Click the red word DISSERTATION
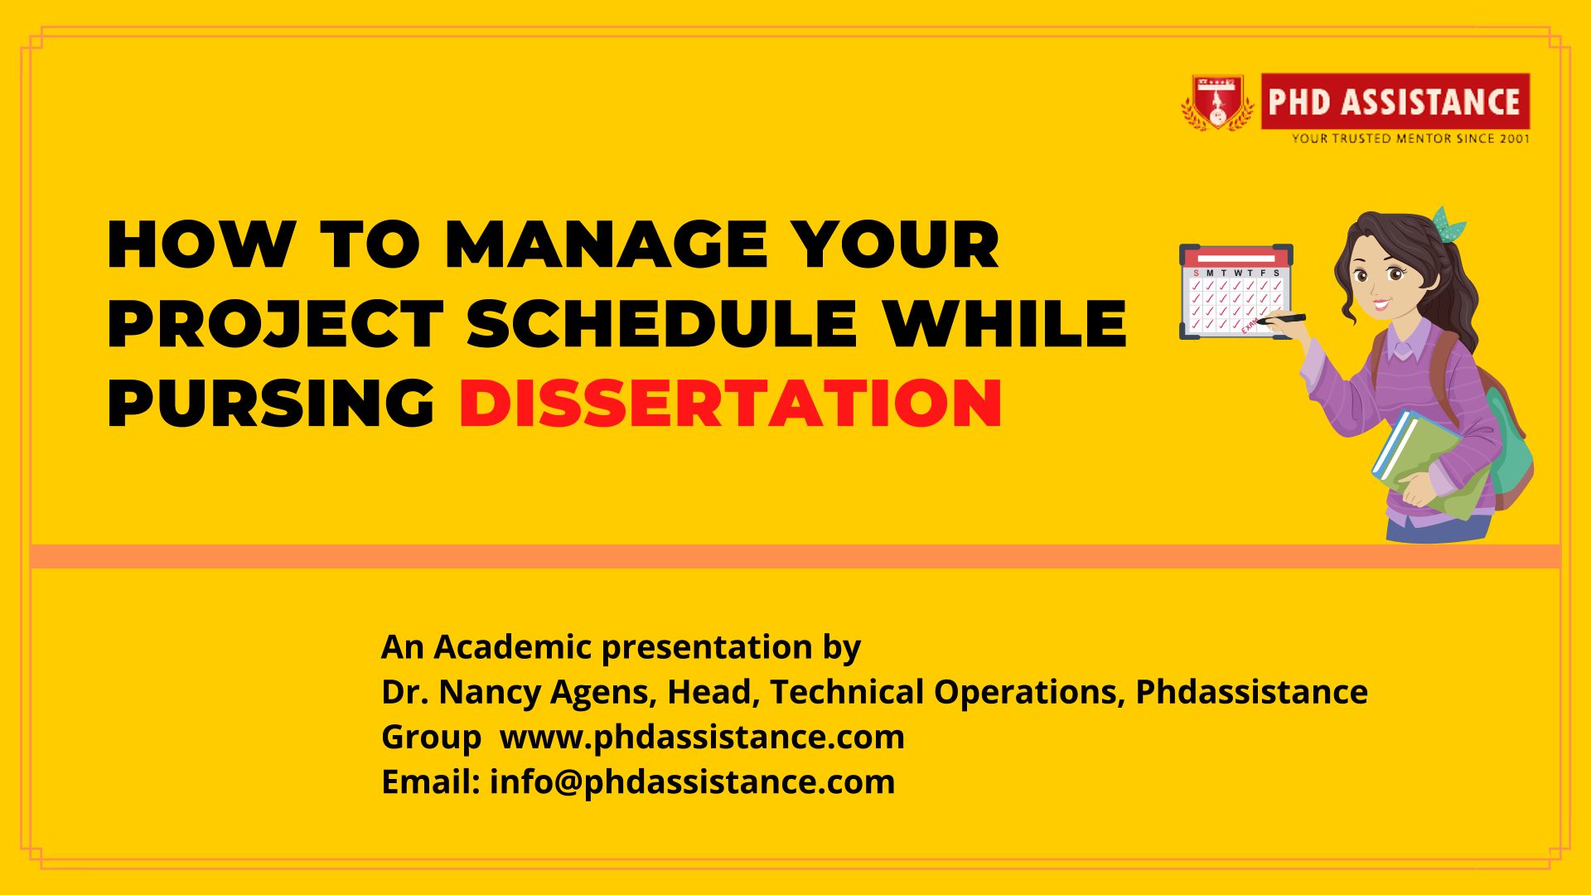[x=730, y=404]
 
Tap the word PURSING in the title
[x=271, y=404]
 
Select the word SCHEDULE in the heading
[x=661, y=323]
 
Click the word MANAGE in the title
[x=607, y=244]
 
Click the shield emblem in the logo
[x=1217, y=103]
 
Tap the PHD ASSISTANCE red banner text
[x=1395, y=102]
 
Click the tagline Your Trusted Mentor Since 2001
[x=1410, y=138]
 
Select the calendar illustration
[x=1236, y=292]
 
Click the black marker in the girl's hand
[x=1280, y=318]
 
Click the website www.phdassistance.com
[x=702, y=737]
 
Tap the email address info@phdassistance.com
[x=692, y=781]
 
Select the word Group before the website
[x=431, y=737]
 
